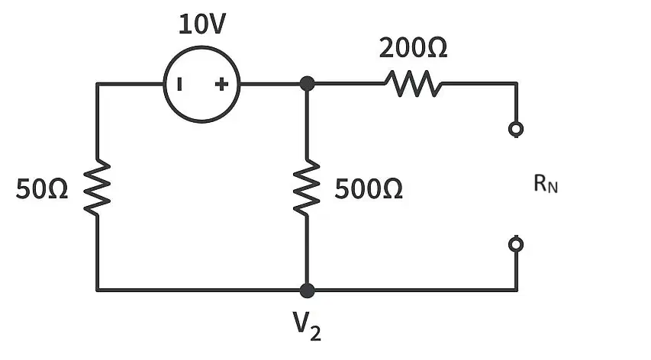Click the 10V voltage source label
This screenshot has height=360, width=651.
coord(202,24)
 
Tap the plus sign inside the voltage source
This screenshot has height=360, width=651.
coord(221,84)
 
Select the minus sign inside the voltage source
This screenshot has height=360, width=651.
coord(179,84)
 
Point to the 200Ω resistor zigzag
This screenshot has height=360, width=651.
coord(414,84)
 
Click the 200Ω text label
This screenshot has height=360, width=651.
coord(413,48)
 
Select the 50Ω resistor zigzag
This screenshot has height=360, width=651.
coord(97,187)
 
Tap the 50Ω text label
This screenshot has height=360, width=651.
coord(42,189)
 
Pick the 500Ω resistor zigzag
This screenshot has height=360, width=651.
coord(307,187)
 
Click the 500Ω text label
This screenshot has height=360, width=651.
coord(369,189)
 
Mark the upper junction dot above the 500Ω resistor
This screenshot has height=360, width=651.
coord(307,84)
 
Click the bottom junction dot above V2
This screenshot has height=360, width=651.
coord(307,291)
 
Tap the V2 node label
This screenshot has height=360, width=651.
coord(307,326)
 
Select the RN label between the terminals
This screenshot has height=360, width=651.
coord(546,184)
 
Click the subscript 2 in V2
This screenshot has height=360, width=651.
coord(315,333)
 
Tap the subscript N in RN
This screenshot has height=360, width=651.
coord(553,188)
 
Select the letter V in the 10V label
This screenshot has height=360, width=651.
coord(216,24)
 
